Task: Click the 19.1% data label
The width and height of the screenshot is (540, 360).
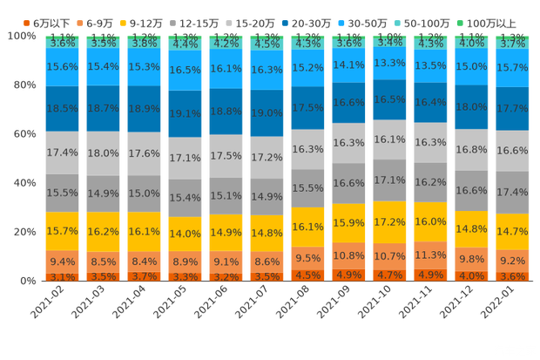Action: tap(185, 113)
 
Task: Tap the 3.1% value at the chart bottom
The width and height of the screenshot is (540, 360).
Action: tap(62, 277)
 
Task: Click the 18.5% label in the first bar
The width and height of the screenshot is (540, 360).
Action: tap(62, 108)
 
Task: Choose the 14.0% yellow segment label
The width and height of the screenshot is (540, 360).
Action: tap(185, 234)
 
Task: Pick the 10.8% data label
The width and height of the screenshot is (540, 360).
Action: tap(348, 255)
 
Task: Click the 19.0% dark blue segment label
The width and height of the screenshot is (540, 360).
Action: tap(267, 112)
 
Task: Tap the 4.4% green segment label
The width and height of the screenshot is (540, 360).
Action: tap(185, 44)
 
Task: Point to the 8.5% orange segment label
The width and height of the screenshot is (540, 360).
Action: tap(103, 261)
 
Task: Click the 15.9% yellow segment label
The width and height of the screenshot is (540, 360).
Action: tap(348, 223)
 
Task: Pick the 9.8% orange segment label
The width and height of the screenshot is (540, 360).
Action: tap(471, 259)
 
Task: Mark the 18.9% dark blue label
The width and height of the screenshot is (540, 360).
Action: tap(144, 109)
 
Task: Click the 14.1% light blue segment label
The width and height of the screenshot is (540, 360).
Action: tap(348, 65)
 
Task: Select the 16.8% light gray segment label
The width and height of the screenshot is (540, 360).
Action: tap(471, 150)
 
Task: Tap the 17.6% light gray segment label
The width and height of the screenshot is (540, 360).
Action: tap(144, 153)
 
